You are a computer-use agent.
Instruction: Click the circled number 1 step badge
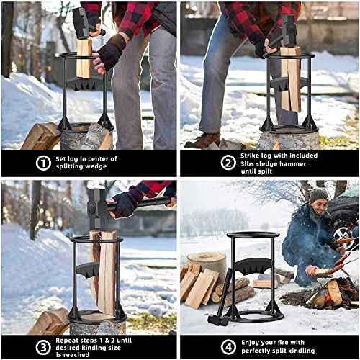click(43, 163)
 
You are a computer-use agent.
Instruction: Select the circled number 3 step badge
click(43, 345)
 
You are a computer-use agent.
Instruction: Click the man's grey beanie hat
click(319, 194)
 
